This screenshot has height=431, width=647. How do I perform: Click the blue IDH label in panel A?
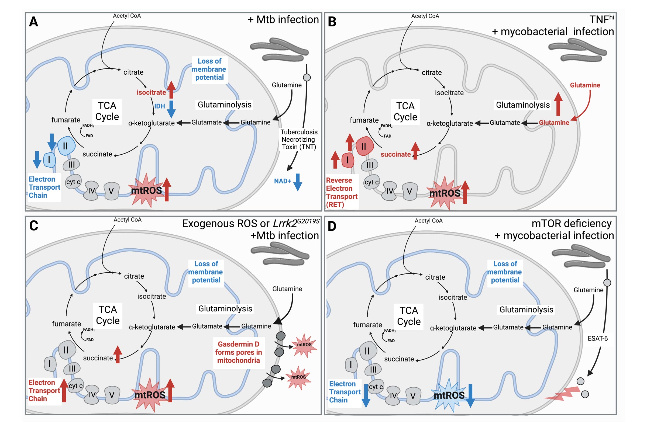click(160, 106)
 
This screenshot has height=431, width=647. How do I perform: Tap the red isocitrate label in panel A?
click(151, 93)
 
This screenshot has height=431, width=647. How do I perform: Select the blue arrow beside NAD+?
click(298, 182)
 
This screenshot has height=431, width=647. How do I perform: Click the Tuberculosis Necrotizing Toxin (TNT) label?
click(299, 140)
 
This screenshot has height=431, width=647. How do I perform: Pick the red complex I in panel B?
click(347, 160)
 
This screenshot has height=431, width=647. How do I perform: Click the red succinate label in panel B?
click(395, 154)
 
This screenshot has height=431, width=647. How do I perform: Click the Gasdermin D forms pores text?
click(239, 352)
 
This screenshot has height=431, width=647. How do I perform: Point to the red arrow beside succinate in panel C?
click(118, 354)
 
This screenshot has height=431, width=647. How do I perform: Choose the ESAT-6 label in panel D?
click(597, 339)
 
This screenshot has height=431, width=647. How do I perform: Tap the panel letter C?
click(33, 226)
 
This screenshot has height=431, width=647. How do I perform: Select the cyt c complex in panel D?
click(376, 387)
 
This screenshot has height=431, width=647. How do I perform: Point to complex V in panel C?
click(112, 395)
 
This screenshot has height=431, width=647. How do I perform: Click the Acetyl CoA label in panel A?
click(127, 16)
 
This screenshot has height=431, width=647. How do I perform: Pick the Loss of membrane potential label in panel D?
click(505, 272)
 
